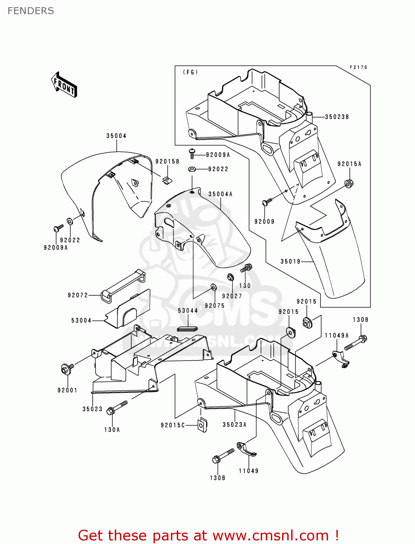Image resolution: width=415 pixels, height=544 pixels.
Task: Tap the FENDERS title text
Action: (30, 11)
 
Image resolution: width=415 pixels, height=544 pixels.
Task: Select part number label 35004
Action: (116, 136)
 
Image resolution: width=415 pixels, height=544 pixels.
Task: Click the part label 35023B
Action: (337, 117)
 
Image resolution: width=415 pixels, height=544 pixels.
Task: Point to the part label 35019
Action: (290, 261)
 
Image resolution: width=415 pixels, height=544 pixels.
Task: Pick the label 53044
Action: (188, 311)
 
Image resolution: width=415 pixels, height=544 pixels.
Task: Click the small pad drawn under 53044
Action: (188, 329)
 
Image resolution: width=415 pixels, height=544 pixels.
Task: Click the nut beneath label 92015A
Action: (349, 183)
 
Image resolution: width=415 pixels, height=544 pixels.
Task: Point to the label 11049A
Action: (336, 335)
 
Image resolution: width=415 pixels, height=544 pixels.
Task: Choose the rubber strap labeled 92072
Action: (123, 285)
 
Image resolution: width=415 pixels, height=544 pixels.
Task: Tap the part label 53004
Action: (81, 321)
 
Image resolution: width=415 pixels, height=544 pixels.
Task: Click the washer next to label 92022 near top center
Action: (192, 169)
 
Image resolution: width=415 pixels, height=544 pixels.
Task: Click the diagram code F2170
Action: (358, 67)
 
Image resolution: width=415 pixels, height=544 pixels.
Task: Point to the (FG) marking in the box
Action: (190, 72)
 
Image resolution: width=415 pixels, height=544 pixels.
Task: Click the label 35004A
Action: (220, 194)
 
